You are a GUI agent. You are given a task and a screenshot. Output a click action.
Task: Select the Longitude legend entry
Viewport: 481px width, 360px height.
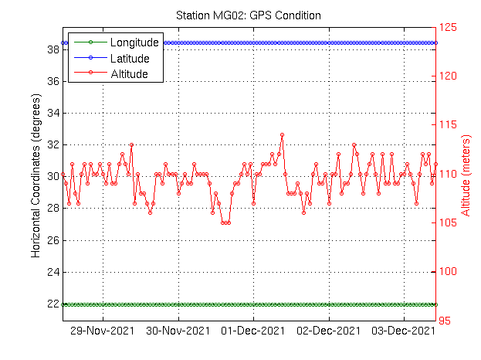tap(134, 42)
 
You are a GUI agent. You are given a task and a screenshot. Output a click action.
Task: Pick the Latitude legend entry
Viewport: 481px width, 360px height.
tap(130, 58)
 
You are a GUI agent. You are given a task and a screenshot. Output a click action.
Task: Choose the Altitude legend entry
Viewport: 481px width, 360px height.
tap(129, 74)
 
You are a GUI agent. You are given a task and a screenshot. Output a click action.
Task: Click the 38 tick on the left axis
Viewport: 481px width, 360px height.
tap(54, 49)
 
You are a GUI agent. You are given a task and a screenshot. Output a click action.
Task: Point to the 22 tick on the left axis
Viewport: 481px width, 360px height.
tap(54, 304)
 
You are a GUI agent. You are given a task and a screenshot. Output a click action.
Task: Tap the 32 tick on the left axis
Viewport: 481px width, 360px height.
tap(54, 144)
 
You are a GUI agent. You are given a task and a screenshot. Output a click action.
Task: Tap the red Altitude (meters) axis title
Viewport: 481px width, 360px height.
tap(466, 174)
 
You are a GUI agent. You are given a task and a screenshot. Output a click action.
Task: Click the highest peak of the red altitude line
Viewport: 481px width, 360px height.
tap(283, 134)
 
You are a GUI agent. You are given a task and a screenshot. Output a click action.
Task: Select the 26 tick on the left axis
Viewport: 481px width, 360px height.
tap(54, 240)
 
